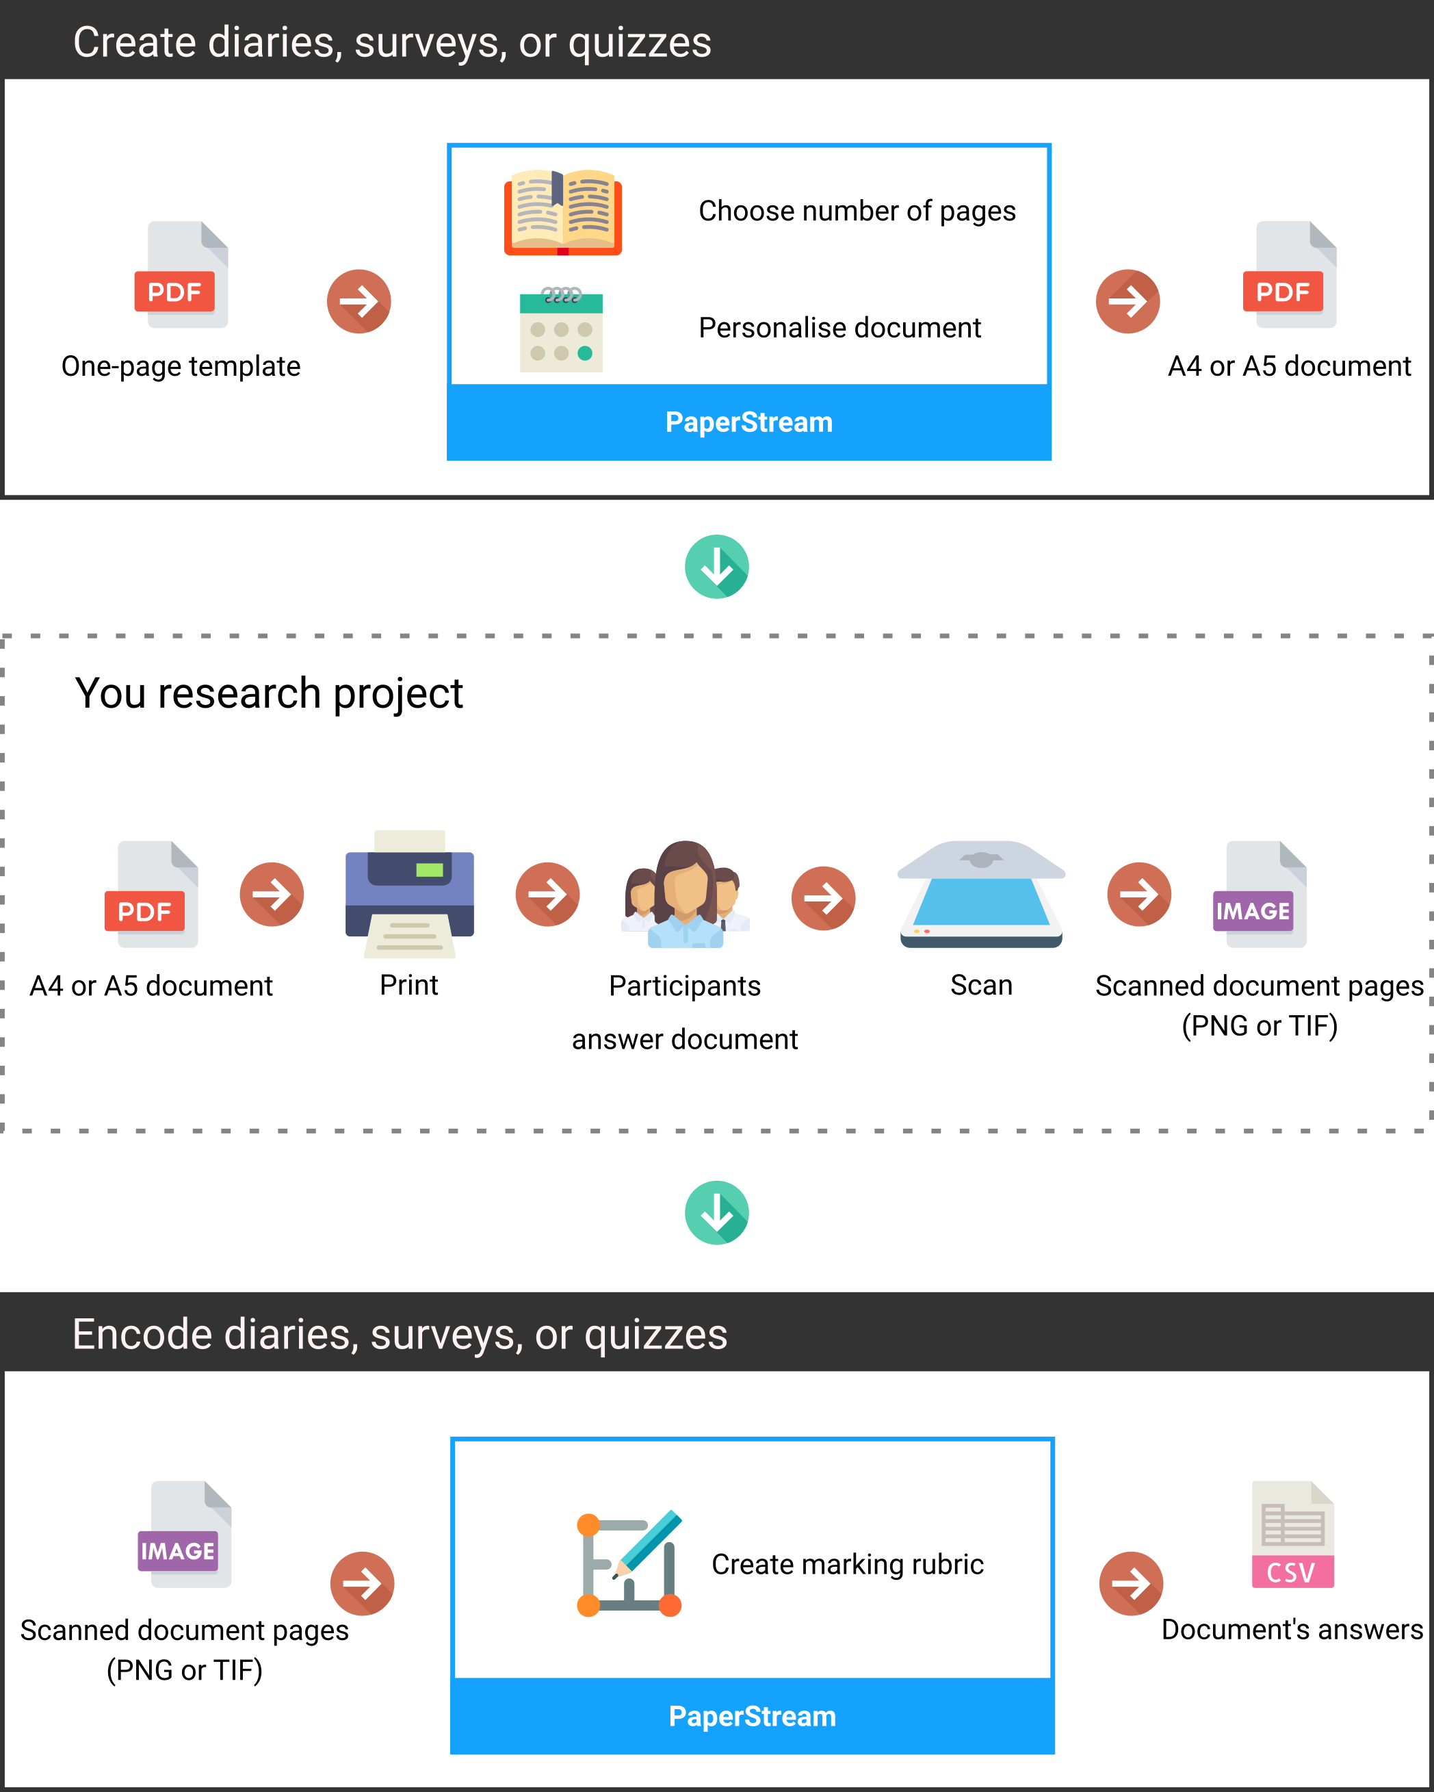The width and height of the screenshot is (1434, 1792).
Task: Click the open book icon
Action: click(562, 212)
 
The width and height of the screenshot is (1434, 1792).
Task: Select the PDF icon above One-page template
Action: click(181, 274)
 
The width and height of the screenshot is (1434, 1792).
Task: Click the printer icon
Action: click(410, 893)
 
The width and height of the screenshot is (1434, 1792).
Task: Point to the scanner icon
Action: click(981, 895)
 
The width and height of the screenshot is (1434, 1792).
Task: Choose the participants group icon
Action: click(686, 895)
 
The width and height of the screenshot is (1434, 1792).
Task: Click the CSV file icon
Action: click(1293, 1535)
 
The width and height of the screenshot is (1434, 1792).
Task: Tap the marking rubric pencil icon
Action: click(629, 1563)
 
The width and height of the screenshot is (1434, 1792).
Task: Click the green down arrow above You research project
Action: click(717, 566)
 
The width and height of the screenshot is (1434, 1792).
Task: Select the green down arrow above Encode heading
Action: click(717, 1213)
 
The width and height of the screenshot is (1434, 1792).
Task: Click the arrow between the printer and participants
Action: click(547, 895)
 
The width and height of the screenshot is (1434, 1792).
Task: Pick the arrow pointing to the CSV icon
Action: click(1131, 1583)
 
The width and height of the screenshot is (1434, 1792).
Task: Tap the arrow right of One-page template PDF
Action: click(359, 301)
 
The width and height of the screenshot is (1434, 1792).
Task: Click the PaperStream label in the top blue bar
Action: click(748, 422)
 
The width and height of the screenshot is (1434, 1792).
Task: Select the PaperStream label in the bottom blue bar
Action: click(752, 1717)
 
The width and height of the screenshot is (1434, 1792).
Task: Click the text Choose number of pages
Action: click(857, 211)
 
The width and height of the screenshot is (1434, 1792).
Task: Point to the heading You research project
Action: click(268, 693)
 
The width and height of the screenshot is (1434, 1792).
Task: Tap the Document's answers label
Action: click(1292, 1629)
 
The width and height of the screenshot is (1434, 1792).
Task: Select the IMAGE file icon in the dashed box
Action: click(1260, 895)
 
